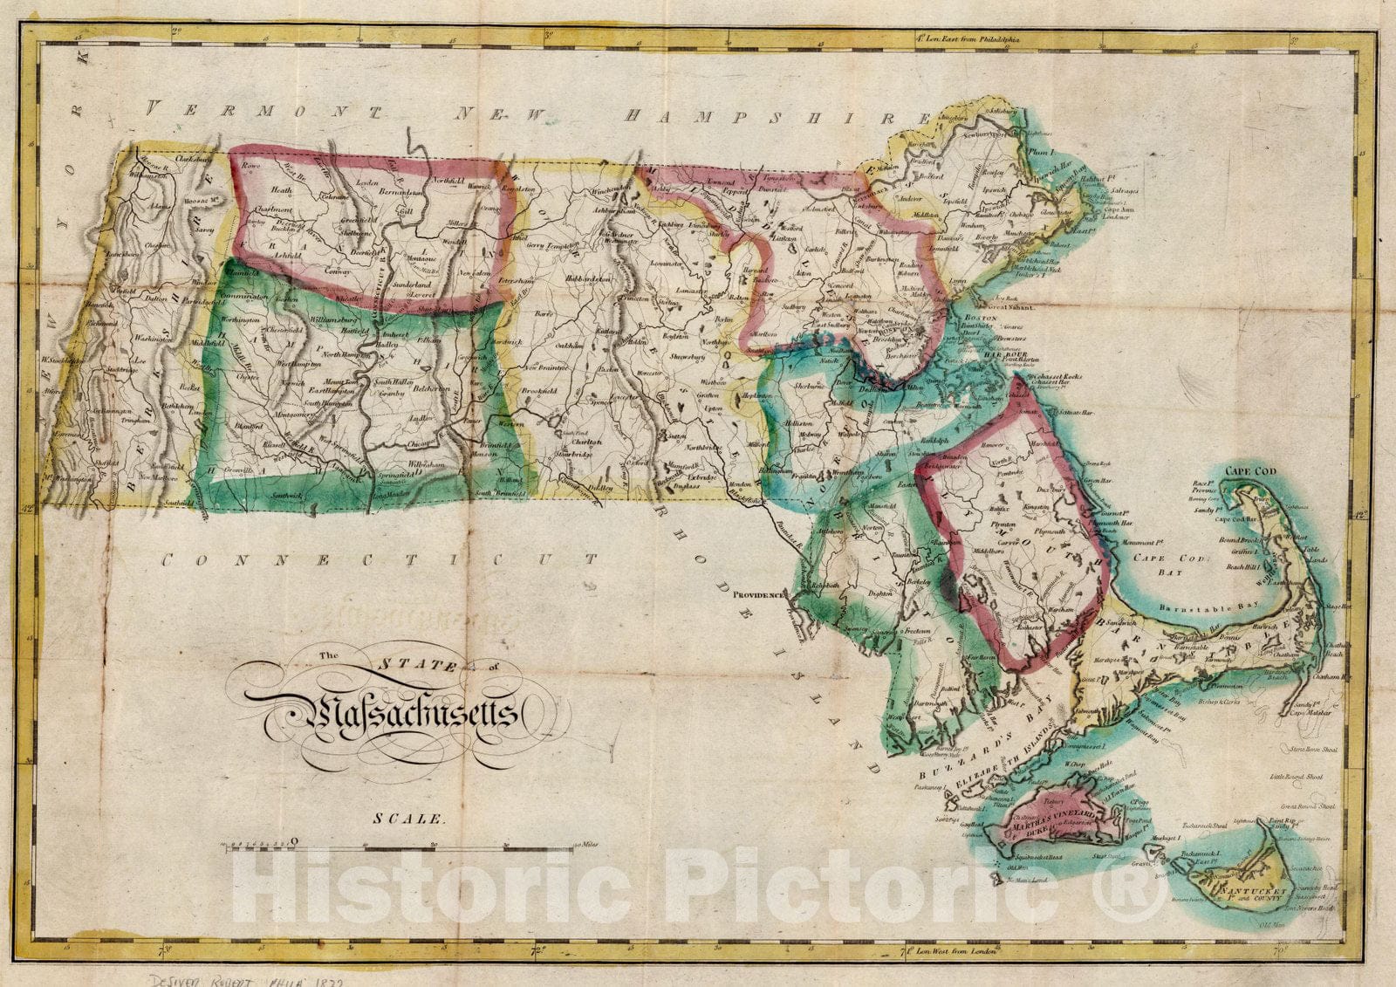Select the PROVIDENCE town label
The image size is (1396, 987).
tap(758, 594)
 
